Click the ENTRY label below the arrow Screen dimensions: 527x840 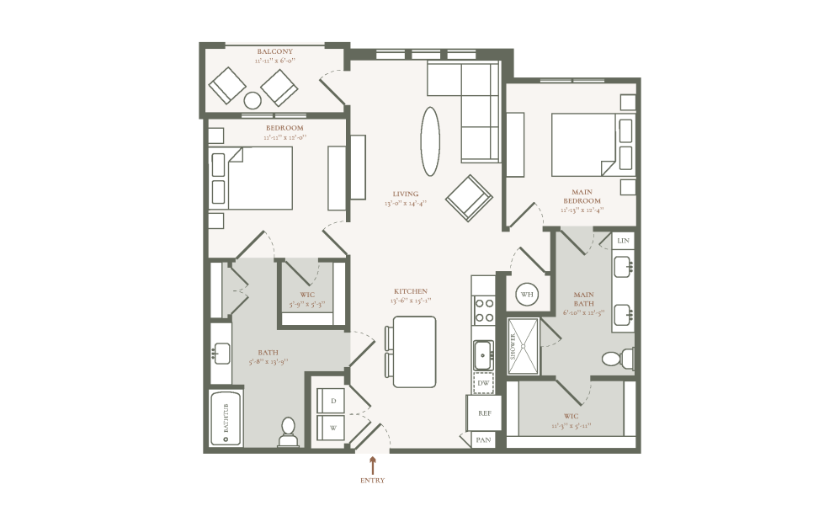point(372,481)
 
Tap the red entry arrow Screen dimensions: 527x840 point(372,466)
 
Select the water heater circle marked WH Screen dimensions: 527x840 point(526,295)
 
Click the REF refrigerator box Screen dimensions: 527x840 point(485,413)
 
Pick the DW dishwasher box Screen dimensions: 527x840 point(483,384)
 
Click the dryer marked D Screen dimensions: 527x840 point(332,401)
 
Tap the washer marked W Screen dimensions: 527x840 point(332,427)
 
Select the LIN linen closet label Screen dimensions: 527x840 point(623,241)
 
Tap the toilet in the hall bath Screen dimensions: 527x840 point(288,432)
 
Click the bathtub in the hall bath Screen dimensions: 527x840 point(226,418)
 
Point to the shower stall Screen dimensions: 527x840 point(523,345)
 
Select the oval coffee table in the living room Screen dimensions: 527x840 point(430,141)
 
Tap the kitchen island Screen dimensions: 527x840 point(414,351)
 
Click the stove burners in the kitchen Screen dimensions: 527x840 point(484,311)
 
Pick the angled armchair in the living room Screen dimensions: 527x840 point(469,198)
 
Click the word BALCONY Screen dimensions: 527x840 point(274,51)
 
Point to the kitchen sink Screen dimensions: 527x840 point(483,354)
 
